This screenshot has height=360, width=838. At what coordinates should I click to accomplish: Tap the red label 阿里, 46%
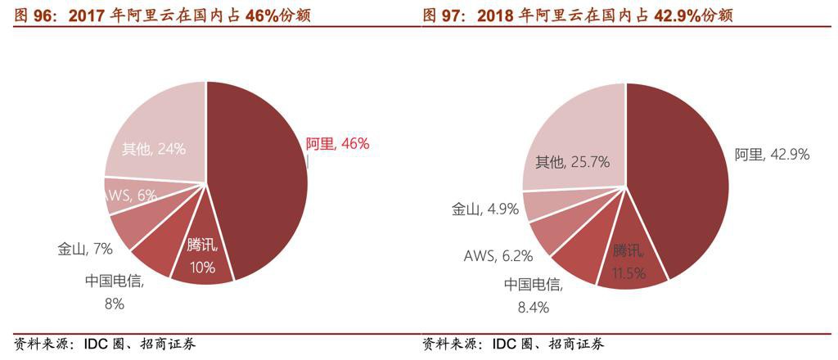pos(337,144)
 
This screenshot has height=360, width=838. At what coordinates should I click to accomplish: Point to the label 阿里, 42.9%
pos(772,154)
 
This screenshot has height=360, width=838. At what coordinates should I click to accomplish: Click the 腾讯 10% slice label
pos(201,255)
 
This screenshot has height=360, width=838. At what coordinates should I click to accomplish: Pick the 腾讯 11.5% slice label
pos(629,261)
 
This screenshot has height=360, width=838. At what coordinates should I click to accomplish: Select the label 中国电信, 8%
pos(114,292)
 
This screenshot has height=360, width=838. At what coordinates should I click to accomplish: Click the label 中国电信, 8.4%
pos(533,295)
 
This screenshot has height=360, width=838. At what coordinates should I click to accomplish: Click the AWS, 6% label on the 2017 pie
pos(131,195)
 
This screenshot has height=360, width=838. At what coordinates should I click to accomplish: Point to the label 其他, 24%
pos(154,149)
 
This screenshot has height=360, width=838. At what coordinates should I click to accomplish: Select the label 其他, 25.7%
pos(572,162)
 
